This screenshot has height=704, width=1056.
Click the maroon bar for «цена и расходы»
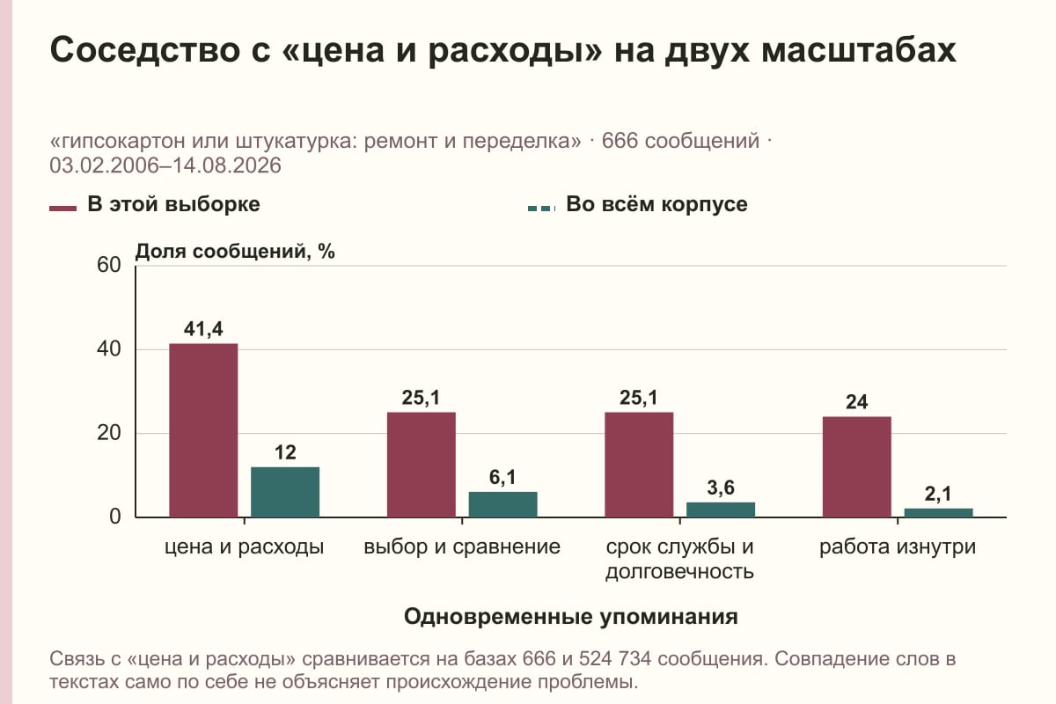[203, 430]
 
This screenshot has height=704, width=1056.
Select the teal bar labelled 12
[285, 492]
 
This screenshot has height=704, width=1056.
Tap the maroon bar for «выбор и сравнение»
[422, 465]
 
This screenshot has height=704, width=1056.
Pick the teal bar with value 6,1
[503, 504]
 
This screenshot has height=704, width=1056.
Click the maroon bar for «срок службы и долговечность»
[639, 465]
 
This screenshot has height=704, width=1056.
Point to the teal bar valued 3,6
[721, 510]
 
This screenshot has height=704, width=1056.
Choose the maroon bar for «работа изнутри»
[857, 467]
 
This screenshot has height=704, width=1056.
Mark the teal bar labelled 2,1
[939, 513]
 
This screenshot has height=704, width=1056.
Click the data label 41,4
[203, 329]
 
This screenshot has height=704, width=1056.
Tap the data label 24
[856, 402]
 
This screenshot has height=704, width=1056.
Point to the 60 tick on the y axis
[109, 265]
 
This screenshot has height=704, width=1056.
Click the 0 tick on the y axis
[115, 517]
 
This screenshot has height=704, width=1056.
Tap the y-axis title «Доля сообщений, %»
[235, 252]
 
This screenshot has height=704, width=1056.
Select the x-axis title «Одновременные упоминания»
[571, 617]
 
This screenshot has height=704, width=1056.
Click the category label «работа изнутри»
[897, 547]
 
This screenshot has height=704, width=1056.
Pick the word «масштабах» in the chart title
[859, 49]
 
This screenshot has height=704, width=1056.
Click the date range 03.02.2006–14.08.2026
[165, 165]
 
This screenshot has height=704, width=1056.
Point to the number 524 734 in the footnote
[615, 659]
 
